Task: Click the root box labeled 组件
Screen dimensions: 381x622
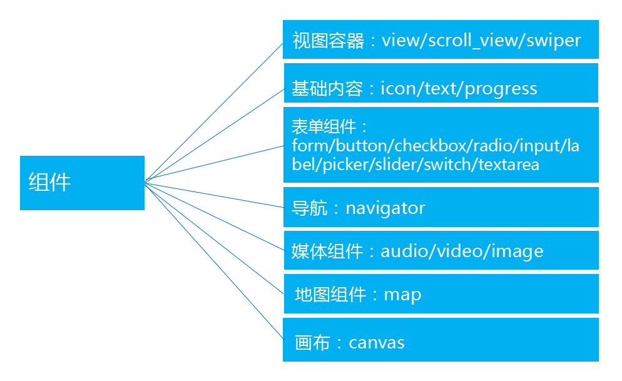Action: (82, 183)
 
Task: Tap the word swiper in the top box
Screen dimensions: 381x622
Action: (554, 41)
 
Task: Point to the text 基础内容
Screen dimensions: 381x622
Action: (327, 89)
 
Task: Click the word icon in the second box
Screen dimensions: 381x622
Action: (399, 89)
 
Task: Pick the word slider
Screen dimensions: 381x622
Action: (404, 165)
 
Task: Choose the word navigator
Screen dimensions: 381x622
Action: (385, 208)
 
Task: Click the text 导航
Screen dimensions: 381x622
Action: (310, 208)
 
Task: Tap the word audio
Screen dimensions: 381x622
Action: (404, 251)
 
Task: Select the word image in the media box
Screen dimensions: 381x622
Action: (517, 251)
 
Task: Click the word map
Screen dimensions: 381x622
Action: (402, 295)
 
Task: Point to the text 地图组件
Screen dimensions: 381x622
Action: (330, 295)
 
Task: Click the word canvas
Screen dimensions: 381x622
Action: (377, 343)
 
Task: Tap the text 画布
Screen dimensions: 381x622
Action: (312, 343)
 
